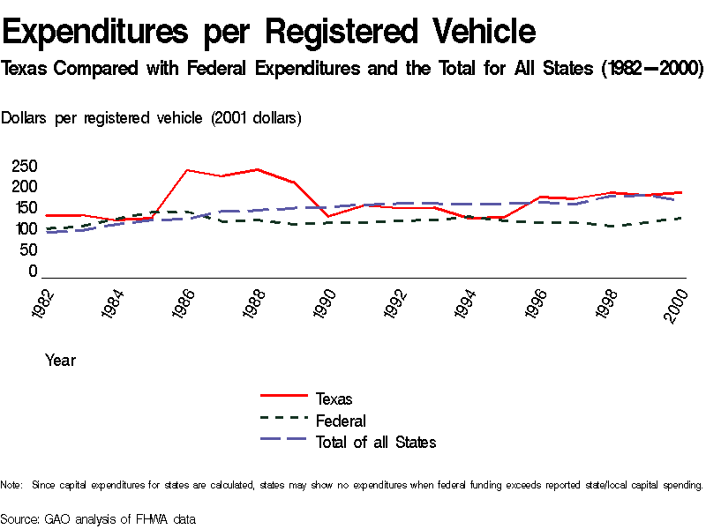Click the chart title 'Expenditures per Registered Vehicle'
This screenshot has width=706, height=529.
(269, 32)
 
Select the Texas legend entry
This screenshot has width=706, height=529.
(334, 399)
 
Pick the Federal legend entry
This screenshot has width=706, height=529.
(341, 421)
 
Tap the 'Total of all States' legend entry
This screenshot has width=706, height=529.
(376, 442)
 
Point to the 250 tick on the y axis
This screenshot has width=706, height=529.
(25, 167)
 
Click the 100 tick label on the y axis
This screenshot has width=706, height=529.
(25, 229)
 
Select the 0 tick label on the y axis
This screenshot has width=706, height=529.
(33, 272)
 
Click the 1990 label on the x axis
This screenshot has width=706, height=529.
(326, 302)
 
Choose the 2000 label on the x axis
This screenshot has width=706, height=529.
(679, 302)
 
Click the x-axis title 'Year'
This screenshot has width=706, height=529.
(60, 360)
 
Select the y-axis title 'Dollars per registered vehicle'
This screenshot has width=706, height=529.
(152, 118)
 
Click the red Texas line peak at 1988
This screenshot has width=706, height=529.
(257, 169)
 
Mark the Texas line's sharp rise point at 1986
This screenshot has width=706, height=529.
(186, 170)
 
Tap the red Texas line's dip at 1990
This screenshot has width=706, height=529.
(327, 216)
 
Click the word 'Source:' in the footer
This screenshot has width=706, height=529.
(20, 518)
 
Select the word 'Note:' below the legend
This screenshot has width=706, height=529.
(11, 485)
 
